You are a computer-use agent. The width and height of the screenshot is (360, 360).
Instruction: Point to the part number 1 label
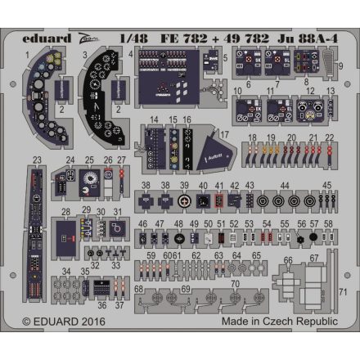tap(27, 54)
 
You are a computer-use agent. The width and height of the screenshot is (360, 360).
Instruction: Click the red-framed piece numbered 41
tap(218, 199)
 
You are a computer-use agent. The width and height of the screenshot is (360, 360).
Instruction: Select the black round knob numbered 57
tap(313, 239)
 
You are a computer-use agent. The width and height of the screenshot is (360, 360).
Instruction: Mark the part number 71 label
tap(344, 291)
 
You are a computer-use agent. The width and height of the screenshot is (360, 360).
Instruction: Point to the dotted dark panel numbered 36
tap(98, 286)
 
